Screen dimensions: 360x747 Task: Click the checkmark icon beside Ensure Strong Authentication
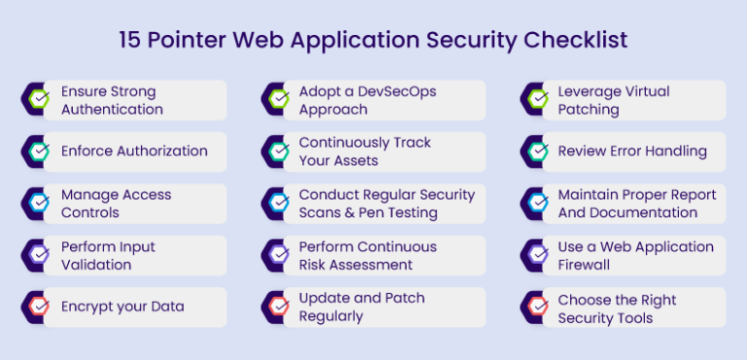point(38,99)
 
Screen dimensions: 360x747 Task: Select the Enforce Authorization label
point(134,151)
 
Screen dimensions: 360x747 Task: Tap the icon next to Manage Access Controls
point(38,203)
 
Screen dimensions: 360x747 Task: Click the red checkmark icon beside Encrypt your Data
point(38,306)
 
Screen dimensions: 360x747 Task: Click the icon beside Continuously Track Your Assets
point(277,151)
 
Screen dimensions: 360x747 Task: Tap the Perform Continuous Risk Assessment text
point(368,255)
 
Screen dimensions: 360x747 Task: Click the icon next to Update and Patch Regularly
point(277,306)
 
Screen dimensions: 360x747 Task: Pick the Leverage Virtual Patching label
point(613,100)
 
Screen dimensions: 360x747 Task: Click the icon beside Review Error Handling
point(536,151)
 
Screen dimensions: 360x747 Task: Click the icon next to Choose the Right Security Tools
point(536,306)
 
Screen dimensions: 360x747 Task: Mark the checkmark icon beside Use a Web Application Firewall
point(536,255)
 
